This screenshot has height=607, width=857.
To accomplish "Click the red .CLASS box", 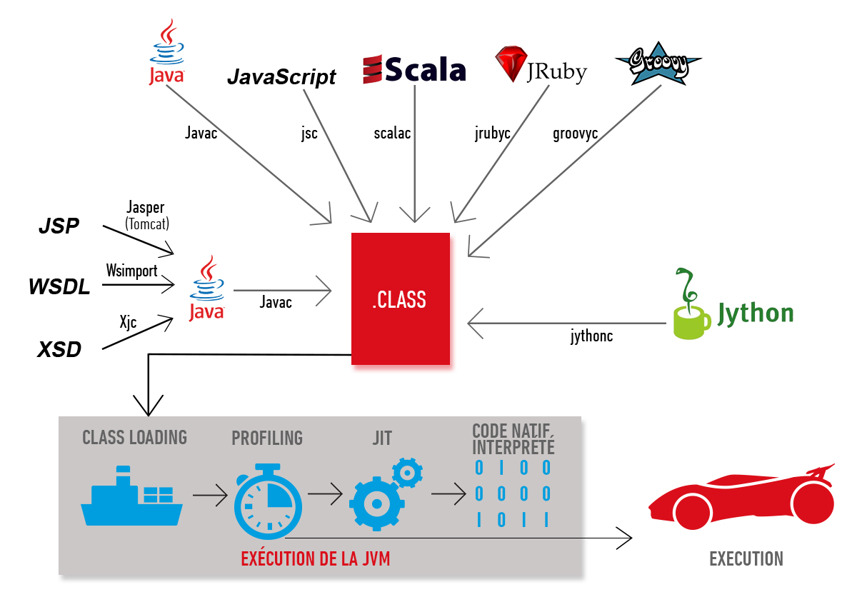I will (400, 299).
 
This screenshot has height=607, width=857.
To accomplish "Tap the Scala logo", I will (414, 70).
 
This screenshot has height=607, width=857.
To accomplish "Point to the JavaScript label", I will (281, 77).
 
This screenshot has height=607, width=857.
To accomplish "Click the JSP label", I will (59, 226).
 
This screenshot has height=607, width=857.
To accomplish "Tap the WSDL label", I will (59, 287).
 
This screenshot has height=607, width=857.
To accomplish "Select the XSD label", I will (59, 350).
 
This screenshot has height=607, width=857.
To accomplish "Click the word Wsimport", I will (131, 271).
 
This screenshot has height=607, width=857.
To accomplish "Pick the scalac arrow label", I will (392, 134).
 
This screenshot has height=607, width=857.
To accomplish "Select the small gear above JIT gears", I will (408, 472).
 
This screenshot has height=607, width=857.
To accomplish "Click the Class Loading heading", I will (134, 437).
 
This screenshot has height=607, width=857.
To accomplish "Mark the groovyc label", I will (575, 134).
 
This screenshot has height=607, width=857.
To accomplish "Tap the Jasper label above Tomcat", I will (145, 209).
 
